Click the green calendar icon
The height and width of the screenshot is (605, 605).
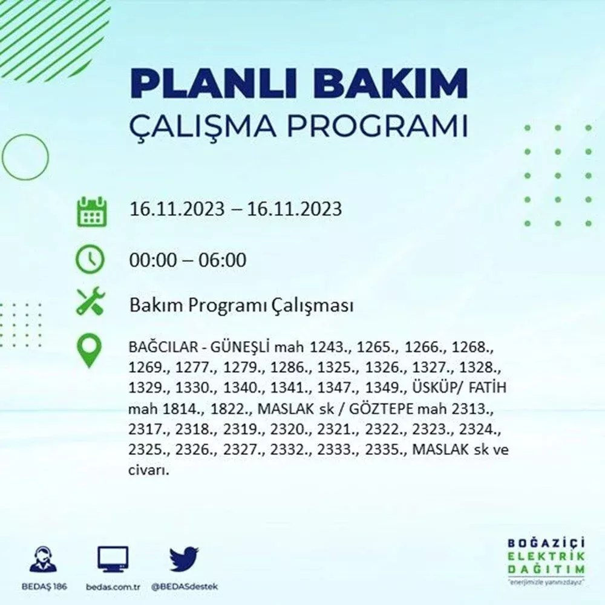[x=92, y=211]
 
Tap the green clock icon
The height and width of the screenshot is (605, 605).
[x=90, y=258]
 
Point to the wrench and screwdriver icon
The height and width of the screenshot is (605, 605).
[x=90, y=301]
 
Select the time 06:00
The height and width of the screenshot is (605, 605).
[x=222, y=260]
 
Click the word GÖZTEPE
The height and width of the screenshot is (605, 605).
[x=381, y=408]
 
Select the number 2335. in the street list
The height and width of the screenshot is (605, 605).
[x=386, y=450]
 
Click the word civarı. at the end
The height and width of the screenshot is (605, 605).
[x=149, y=470]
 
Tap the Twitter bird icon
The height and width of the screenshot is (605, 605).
[x=184, y=558]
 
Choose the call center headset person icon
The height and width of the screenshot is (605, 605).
[x=43, y=559]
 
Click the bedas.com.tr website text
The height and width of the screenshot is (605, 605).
[x=113, y=587]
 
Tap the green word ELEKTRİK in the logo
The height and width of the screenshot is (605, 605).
[x=546, y=557]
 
